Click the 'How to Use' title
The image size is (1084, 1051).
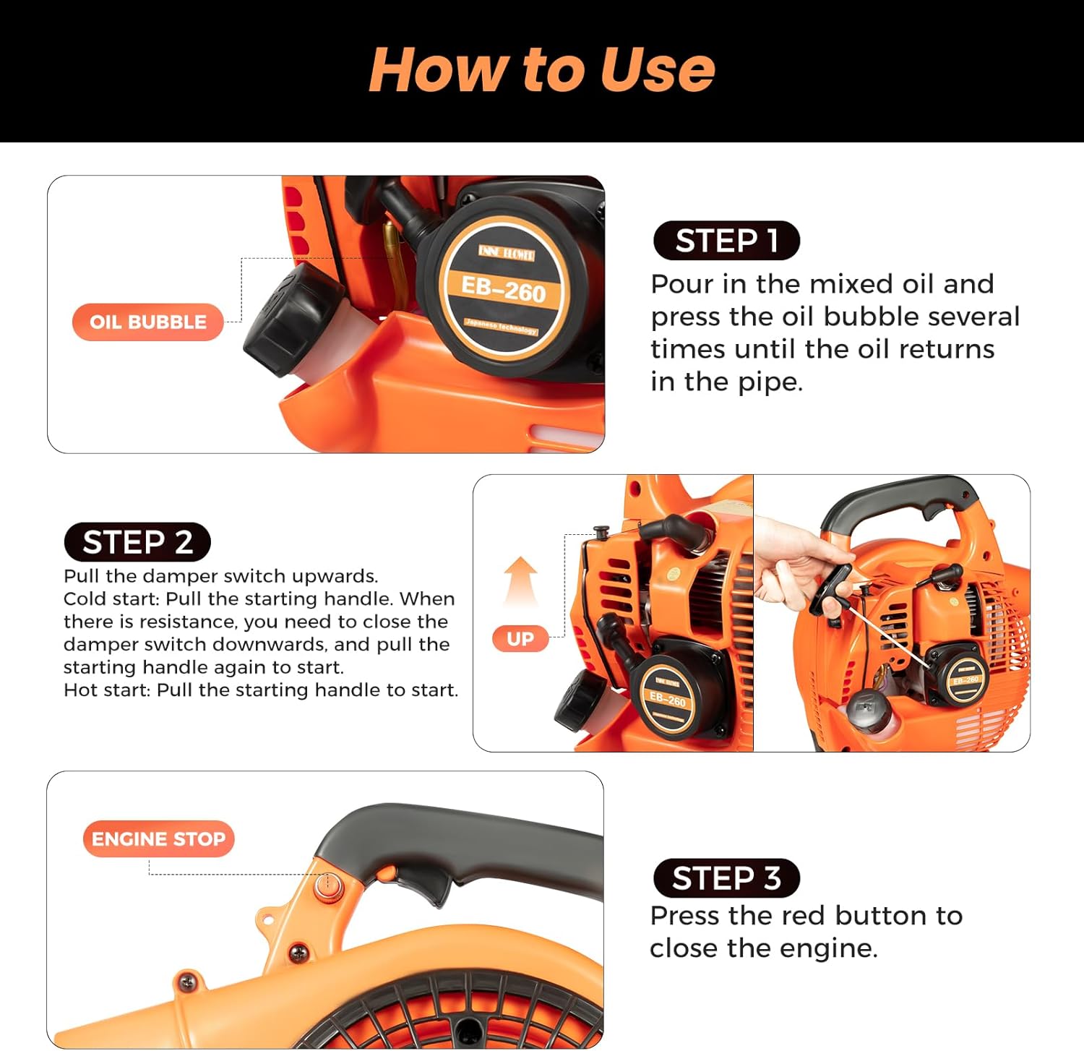(541, 69)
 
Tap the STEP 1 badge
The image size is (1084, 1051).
(726, 241)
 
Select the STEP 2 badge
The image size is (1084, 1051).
(137, 542)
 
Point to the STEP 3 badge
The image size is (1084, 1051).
(726, 878)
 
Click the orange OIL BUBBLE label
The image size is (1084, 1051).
(148, 322)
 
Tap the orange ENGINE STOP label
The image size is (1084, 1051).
(159, 839)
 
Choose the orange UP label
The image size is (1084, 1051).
(520, 639)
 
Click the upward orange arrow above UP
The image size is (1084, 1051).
(520, 582)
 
